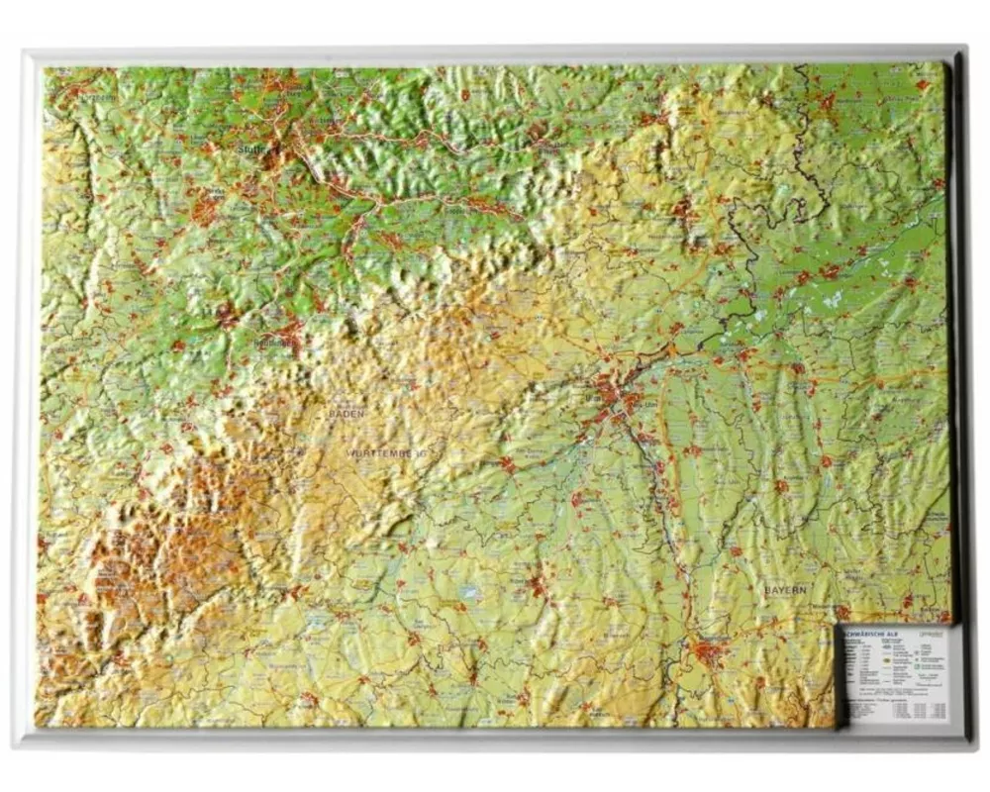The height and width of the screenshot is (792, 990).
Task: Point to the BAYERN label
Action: [785, 589]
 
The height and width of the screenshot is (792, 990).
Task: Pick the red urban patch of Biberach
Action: [538, 584]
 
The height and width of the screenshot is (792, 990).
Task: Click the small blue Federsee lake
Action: [470, 593]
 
